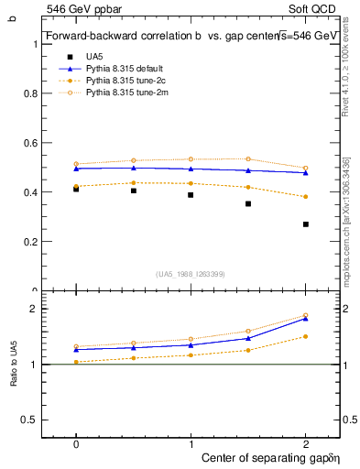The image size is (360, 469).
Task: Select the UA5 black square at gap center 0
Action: pyautogui.click(x=76, y=189)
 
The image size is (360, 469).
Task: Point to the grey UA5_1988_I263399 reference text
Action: pyautogui.click(x=191, y=274)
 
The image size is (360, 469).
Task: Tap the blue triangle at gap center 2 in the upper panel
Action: pyautogui.click(x=306, y=172)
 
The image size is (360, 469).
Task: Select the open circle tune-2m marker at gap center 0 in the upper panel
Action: pyautogui.click(x=76, y=164)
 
